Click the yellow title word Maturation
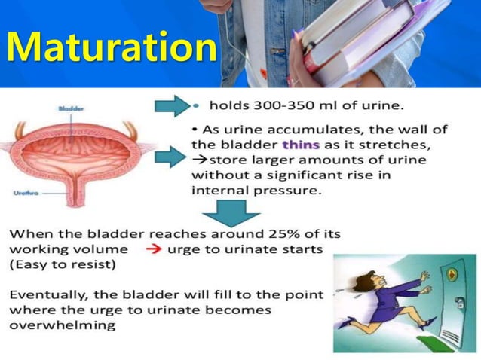(x=111, y=47)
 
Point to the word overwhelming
(x=63, y=325)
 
